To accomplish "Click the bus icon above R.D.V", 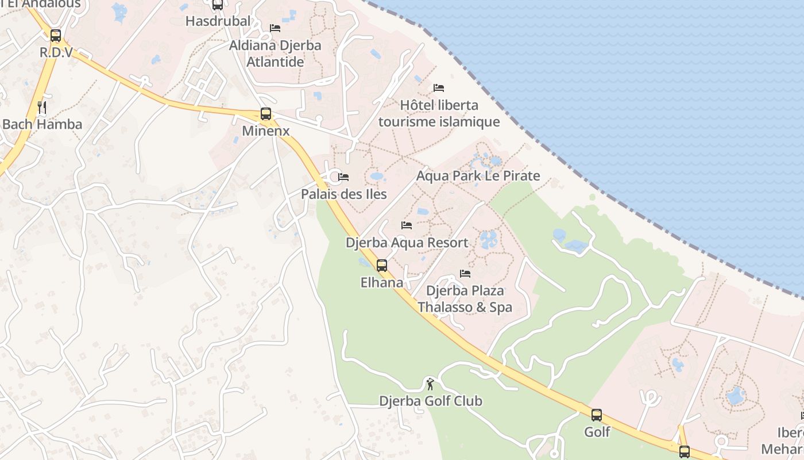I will tap(56, 36).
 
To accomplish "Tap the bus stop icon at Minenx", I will tap(265, 114).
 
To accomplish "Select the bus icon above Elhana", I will tap(382, 266).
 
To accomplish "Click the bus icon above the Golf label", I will tap(597, 415).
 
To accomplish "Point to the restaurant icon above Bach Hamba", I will tap(42, 108).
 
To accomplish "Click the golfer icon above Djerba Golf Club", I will tap(430, 384).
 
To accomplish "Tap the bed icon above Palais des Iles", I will tap(343, 177).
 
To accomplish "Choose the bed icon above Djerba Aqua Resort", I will tap(407, 225).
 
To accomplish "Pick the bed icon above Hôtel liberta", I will tap(439, 88).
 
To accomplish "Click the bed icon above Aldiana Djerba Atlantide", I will tap(275, 28).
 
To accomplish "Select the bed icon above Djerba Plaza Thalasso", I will tap(465, 274).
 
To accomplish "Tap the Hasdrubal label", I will tap(218, 21).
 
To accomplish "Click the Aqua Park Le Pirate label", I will tap(478, 176).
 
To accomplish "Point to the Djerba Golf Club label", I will tap(430, 401).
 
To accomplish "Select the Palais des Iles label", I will tap(343, 194).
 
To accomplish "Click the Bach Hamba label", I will tap(42, 124).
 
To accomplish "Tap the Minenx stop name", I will tap(265, 131).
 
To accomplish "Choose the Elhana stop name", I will tap(382, 283).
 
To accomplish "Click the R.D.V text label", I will tap(56, 52).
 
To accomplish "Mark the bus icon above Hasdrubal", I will tap(218, 5).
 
